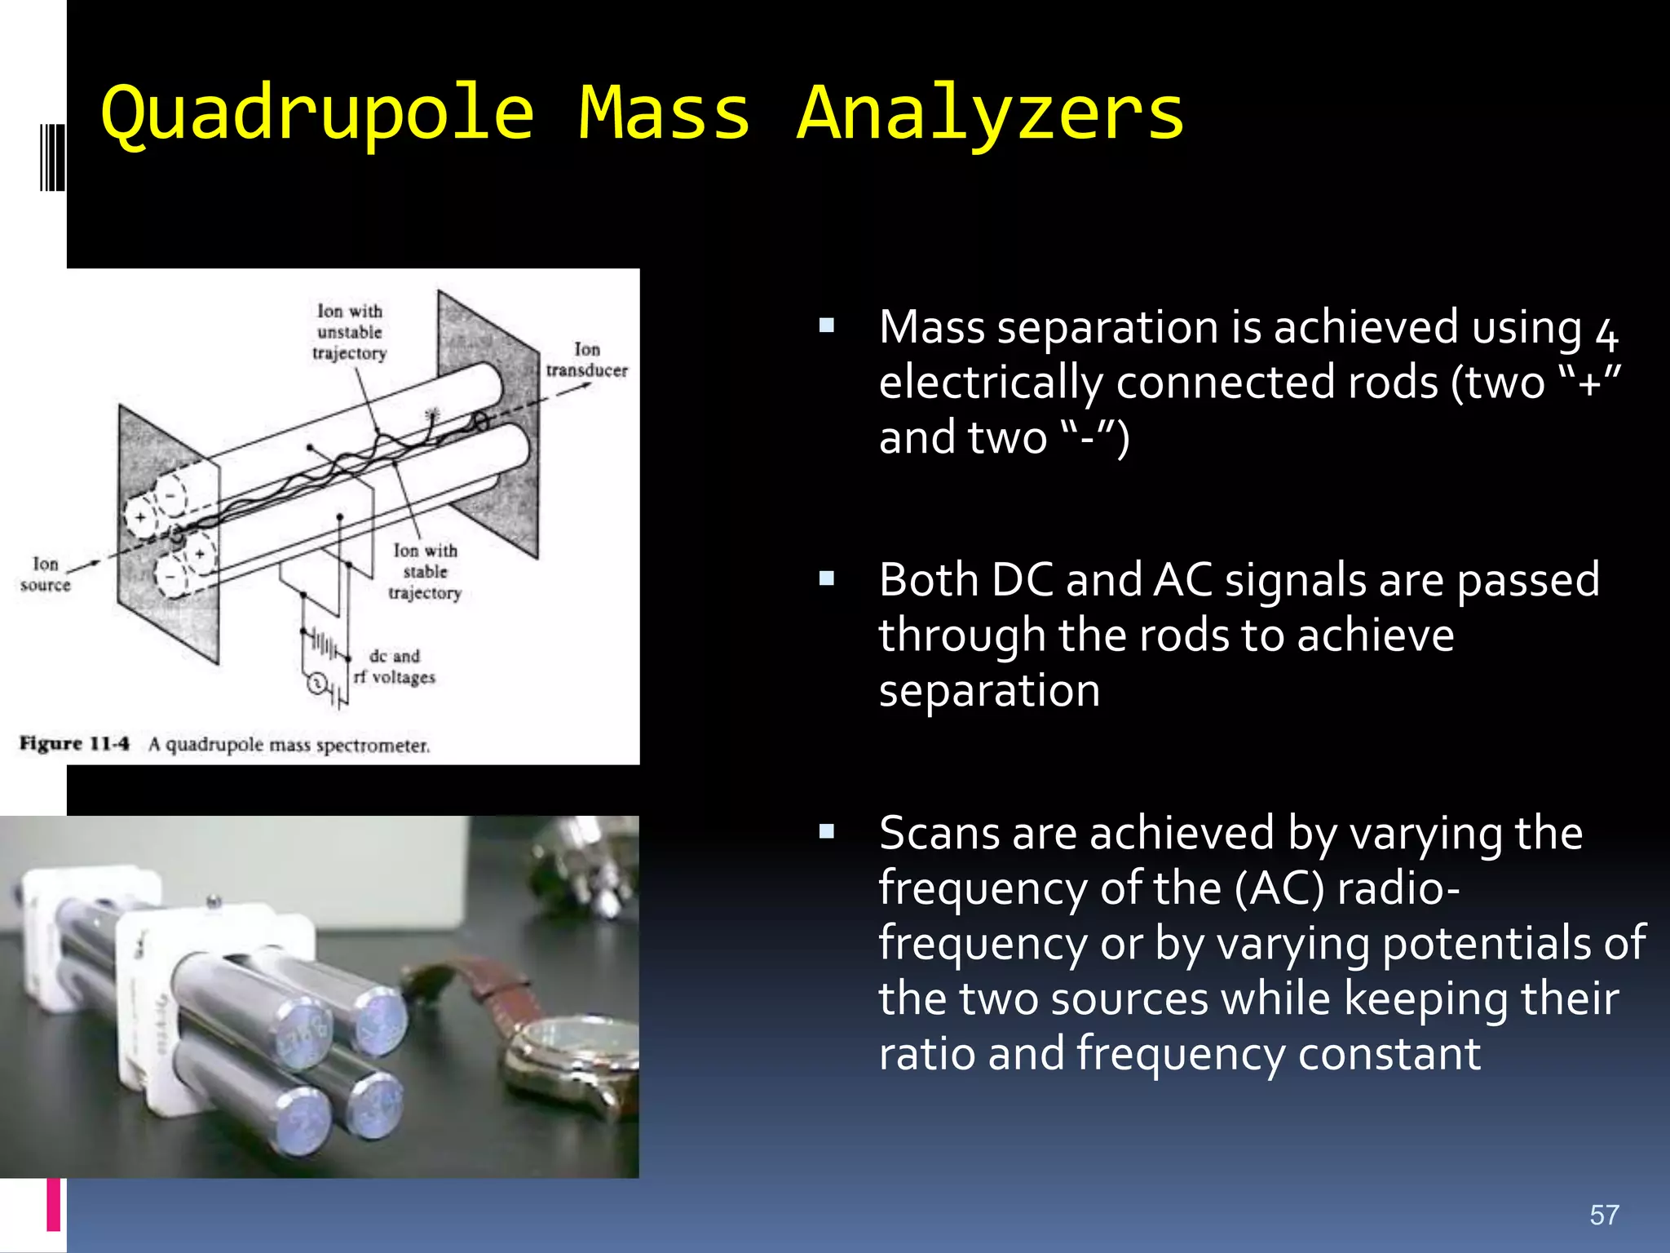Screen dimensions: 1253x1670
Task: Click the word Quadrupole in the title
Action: click(318, 114)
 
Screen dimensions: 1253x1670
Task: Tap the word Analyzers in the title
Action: click(990, 114)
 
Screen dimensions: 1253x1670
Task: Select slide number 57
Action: click(1603, 1215)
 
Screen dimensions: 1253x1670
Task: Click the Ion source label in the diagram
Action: click(46, 574)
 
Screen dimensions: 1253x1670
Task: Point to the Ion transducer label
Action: click(586, 360)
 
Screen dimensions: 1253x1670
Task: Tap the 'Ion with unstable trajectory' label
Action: click(349, 332)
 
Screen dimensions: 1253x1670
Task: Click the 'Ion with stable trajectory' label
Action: click(425, 572)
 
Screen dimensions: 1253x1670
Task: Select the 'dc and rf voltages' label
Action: click(395, 666)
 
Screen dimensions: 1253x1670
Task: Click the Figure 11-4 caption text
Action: click(224, 744)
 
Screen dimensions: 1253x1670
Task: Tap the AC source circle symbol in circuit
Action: click(316, 684)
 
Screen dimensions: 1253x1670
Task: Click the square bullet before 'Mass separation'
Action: click(827, 326)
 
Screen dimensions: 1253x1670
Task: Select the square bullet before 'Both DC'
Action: click(827, 579)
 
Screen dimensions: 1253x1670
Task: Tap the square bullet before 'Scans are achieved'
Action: click(827, 832)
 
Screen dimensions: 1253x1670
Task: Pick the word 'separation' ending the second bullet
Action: click(989, 691)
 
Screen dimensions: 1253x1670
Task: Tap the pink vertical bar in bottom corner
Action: click(54, 1204)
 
